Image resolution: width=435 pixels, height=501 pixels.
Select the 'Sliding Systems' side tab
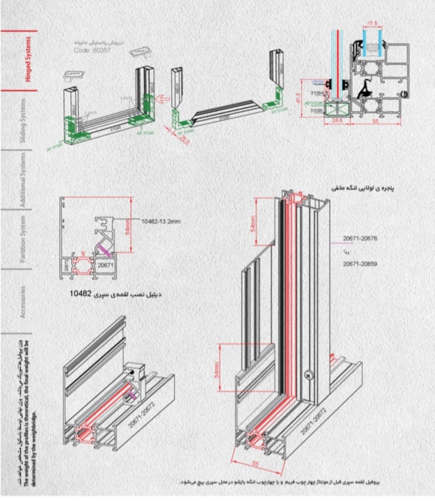[x=23, y=121]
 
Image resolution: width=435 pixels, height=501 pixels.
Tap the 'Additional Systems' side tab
[x=23, y=180]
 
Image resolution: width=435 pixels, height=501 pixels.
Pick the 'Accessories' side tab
[x=23, y=302]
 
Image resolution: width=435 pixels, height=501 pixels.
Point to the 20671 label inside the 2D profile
[x=106, y=265]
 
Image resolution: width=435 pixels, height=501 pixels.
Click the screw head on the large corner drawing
[x=310, y=374]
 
